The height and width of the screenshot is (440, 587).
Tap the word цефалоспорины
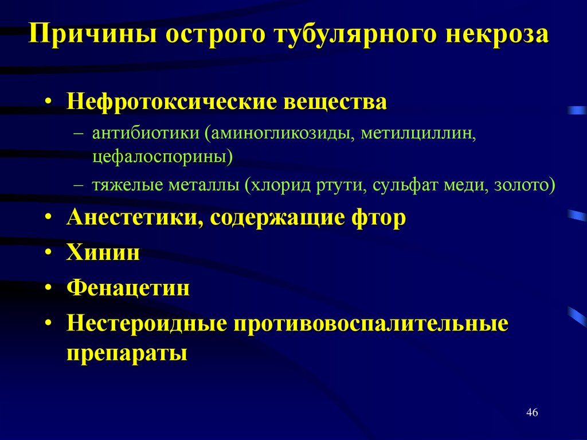tap(161, 156)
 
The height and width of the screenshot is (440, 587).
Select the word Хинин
tap(103, 252)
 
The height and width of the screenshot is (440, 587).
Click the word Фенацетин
tap(128, 287)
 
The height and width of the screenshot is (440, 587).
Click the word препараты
tap(127, 352)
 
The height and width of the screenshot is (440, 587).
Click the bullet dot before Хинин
tap(50, 253)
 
